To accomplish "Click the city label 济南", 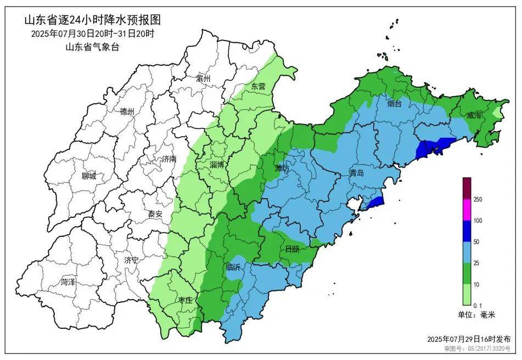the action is pyautogui.click(x=169, y=159).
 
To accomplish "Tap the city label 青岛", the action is pyautogui.click(x=356, y=173).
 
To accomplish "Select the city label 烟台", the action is pyautogui.click(x=394, y=103).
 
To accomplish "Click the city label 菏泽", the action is pyautogui.click(x=68, y=283).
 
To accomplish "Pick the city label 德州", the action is pyautogui.click(x=127, y=111).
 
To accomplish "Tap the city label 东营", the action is pyautogui.click(x=258, y=87).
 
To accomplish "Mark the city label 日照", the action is pyautogui.click(x=292, y=249).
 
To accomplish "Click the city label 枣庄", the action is pyautogui.click(x=186, y=300).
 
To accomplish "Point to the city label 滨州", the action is pyautogui.click(x=203, y=78).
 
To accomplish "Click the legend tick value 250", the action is pyautogui.click(x=478, y=200).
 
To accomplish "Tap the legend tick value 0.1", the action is pyautogui.click(x=478, y=305).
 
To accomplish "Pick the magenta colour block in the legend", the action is pyautogui.click(x=467, y=210).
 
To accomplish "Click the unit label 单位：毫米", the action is pyautogui.click(x=476, y=315).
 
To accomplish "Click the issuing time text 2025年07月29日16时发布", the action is pyautogui.click(x=472, y=339).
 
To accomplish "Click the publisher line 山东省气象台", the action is pyautogui.click(x=92, y=47).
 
